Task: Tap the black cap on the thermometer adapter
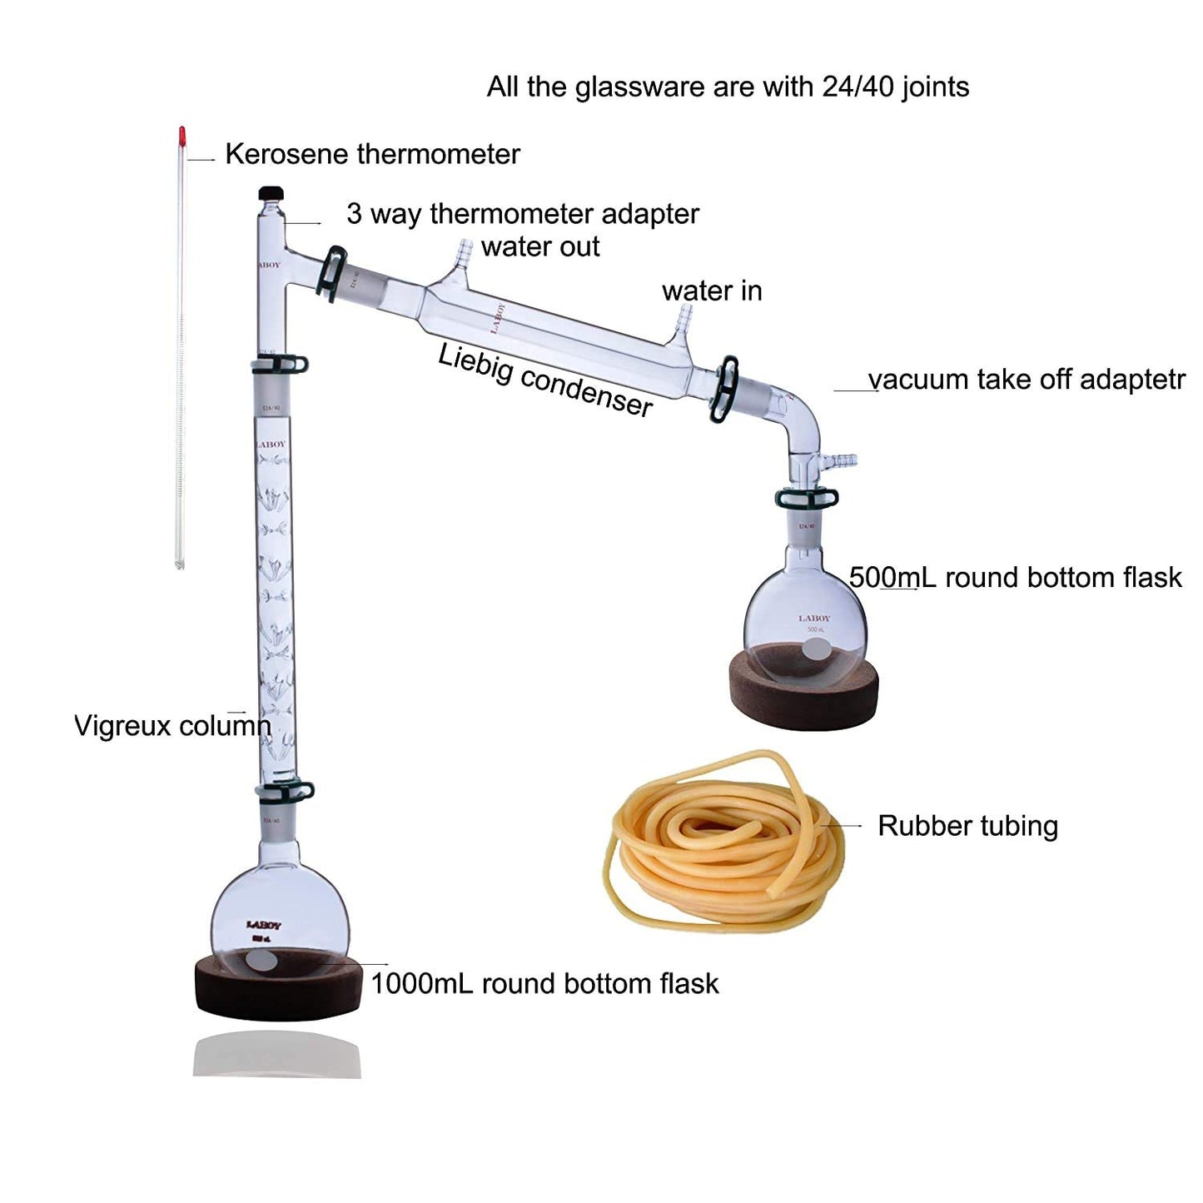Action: point(271,193)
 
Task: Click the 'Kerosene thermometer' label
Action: point(372,154)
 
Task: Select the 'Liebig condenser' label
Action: point(545,380)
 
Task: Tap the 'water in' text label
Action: point(712,291)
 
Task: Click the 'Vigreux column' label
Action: point(172,725)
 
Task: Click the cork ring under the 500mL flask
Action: point(803,696)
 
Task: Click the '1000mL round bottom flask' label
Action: point(544,983)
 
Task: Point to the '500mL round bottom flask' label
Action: point(1015,577)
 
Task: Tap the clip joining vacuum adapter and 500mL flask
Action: point(805,498)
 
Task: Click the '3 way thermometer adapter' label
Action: point(523,214)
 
